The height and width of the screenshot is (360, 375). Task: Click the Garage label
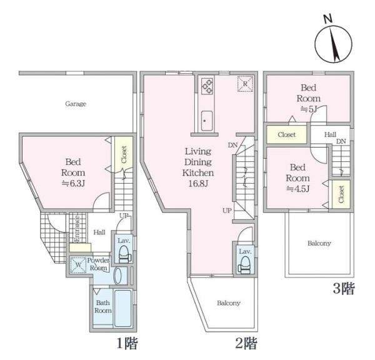tap(76, 104)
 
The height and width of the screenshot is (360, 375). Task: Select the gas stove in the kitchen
tap(207, 87)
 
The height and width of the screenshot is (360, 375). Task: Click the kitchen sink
tap(207, 121)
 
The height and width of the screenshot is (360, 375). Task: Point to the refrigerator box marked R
tap(245, 84)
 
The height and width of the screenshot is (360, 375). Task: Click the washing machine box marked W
tap(78, 265)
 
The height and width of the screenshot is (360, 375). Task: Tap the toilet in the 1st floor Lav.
tap(124, 254)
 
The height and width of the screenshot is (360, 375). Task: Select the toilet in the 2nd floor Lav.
tap(244, 265)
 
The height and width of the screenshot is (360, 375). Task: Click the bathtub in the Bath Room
tap(123, 308)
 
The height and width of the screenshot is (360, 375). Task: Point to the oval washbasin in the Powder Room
tap(117, 276)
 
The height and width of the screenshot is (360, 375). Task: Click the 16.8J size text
tap(198, 184)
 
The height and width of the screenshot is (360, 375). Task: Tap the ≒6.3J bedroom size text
tap(73, 184)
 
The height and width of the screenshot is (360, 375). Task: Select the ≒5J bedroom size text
tap(308, 109)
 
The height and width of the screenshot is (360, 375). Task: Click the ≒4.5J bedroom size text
tap(297, 189)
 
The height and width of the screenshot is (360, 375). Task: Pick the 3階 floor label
tap(344, 288)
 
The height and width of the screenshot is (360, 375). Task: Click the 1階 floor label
tap(127, 343)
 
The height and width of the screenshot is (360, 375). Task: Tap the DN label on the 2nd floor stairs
tap(232, 145)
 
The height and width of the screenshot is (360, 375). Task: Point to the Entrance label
tap(77, 229)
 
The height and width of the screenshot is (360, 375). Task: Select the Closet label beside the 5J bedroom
tap(286, 134)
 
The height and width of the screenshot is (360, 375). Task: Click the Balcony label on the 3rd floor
tap(319, 243)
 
